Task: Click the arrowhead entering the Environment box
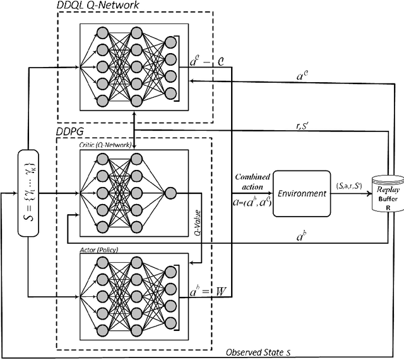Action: (270, 194)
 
